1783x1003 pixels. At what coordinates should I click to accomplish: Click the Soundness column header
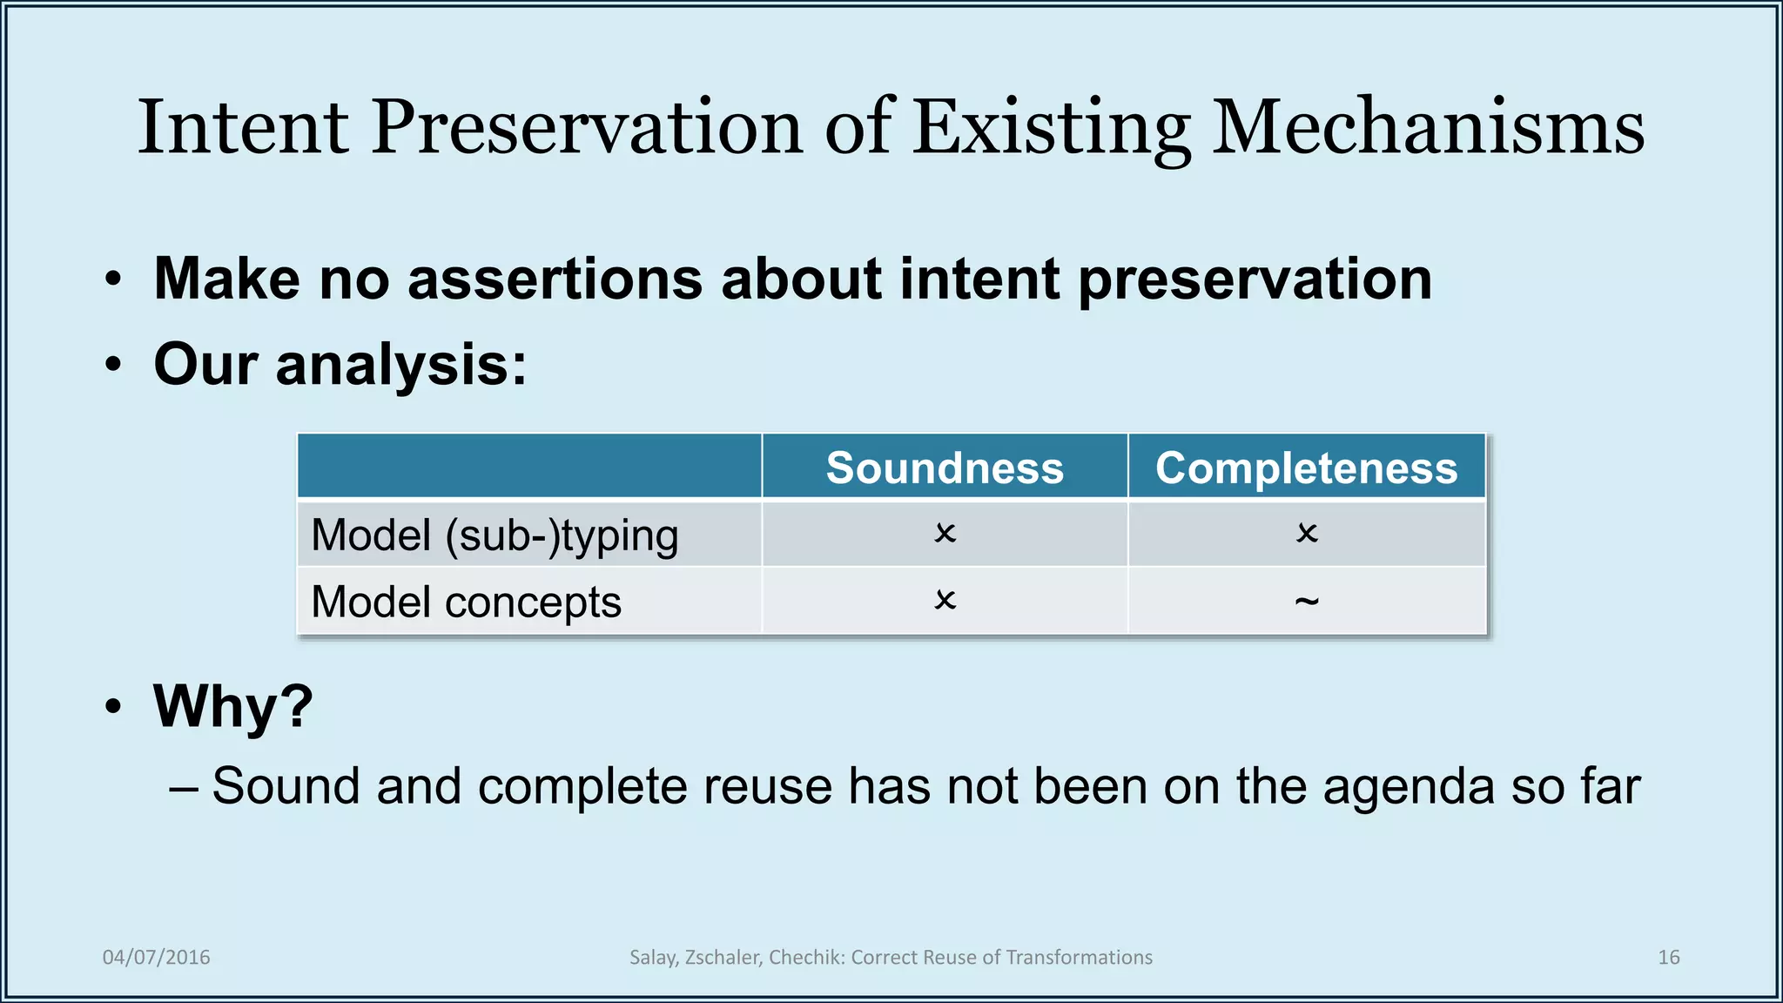coord(945,468)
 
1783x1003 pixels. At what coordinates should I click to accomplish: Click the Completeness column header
coord(1306,468)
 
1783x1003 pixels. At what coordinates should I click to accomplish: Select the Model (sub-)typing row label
coord(495,535)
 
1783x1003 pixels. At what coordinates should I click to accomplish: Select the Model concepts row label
coord(466,602)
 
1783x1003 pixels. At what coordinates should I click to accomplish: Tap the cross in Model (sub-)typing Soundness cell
coord(945,533)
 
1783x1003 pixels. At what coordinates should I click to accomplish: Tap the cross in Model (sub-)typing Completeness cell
coord(1306,533)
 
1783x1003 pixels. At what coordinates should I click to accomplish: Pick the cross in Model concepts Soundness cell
coord(945,600)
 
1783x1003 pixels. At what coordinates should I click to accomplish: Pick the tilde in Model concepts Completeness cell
coord(1306,601)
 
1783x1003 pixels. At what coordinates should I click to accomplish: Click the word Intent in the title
coord(243,128)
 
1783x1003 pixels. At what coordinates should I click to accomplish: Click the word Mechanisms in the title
coord(1428,128)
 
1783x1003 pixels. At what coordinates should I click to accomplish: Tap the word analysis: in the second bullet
coord(400,364)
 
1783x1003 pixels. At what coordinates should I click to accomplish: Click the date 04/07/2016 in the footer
coord(156,957)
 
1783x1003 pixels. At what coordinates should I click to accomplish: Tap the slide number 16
coord(1668,957)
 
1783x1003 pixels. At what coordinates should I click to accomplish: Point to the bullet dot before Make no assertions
coord(113,280)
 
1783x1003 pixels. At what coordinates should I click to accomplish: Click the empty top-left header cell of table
coord(528,467)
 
